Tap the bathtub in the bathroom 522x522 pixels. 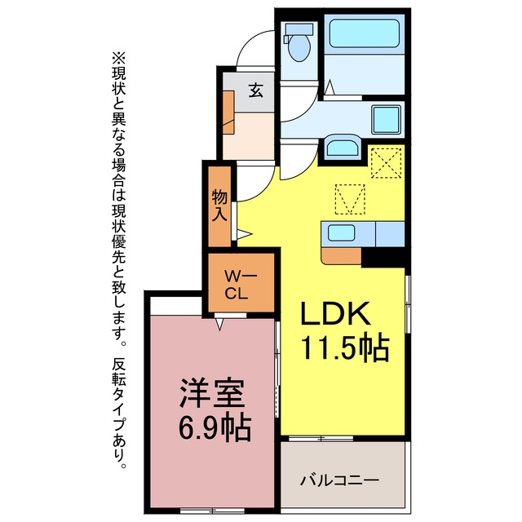[x=365, y=33]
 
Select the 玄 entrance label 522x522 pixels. [x=256, y=90]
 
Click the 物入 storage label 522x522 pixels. [x=219, y=205]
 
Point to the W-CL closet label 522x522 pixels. [x=241, y=285]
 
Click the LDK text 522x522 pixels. [x=335, y=313]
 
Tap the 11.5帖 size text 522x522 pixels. [x=344, y=348]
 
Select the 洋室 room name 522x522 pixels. [x=212, y=393]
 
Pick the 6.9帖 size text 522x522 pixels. [x=215, y=427]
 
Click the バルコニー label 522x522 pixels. [x=339, y=480]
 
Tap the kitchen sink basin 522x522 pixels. [x=341, y=232]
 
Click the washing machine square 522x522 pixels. [x=386, y=120]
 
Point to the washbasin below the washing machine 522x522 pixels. [x=343, y=146]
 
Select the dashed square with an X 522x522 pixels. [x=386, y=163]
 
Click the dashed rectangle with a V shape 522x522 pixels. [x=350, y=199]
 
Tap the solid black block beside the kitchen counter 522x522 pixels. [x=383, y=257]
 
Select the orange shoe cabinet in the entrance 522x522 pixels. [x=228, y=113]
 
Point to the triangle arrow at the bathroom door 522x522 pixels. [x=330, y=87]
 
